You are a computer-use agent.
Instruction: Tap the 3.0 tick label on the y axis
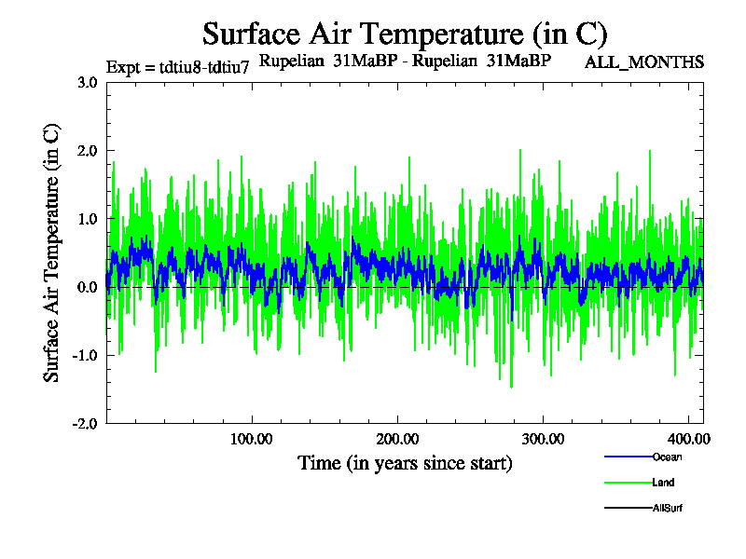87,82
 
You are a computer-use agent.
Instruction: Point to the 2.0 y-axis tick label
87,150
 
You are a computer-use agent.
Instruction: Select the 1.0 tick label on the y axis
87,218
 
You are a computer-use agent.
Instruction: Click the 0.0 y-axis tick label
87,287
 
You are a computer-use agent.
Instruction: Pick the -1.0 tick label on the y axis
85,355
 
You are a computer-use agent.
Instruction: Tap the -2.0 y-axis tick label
85,423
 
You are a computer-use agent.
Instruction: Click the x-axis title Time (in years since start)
405,463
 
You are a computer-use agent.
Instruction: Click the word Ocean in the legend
668,457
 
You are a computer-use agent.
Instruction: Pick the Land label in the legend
663,483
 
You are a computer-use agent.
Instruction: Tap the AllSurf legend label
669,508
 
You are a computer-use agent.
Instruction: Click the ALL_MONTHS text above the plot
643,62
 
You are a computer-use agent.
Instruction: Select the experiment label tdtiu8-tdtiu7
177,67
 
